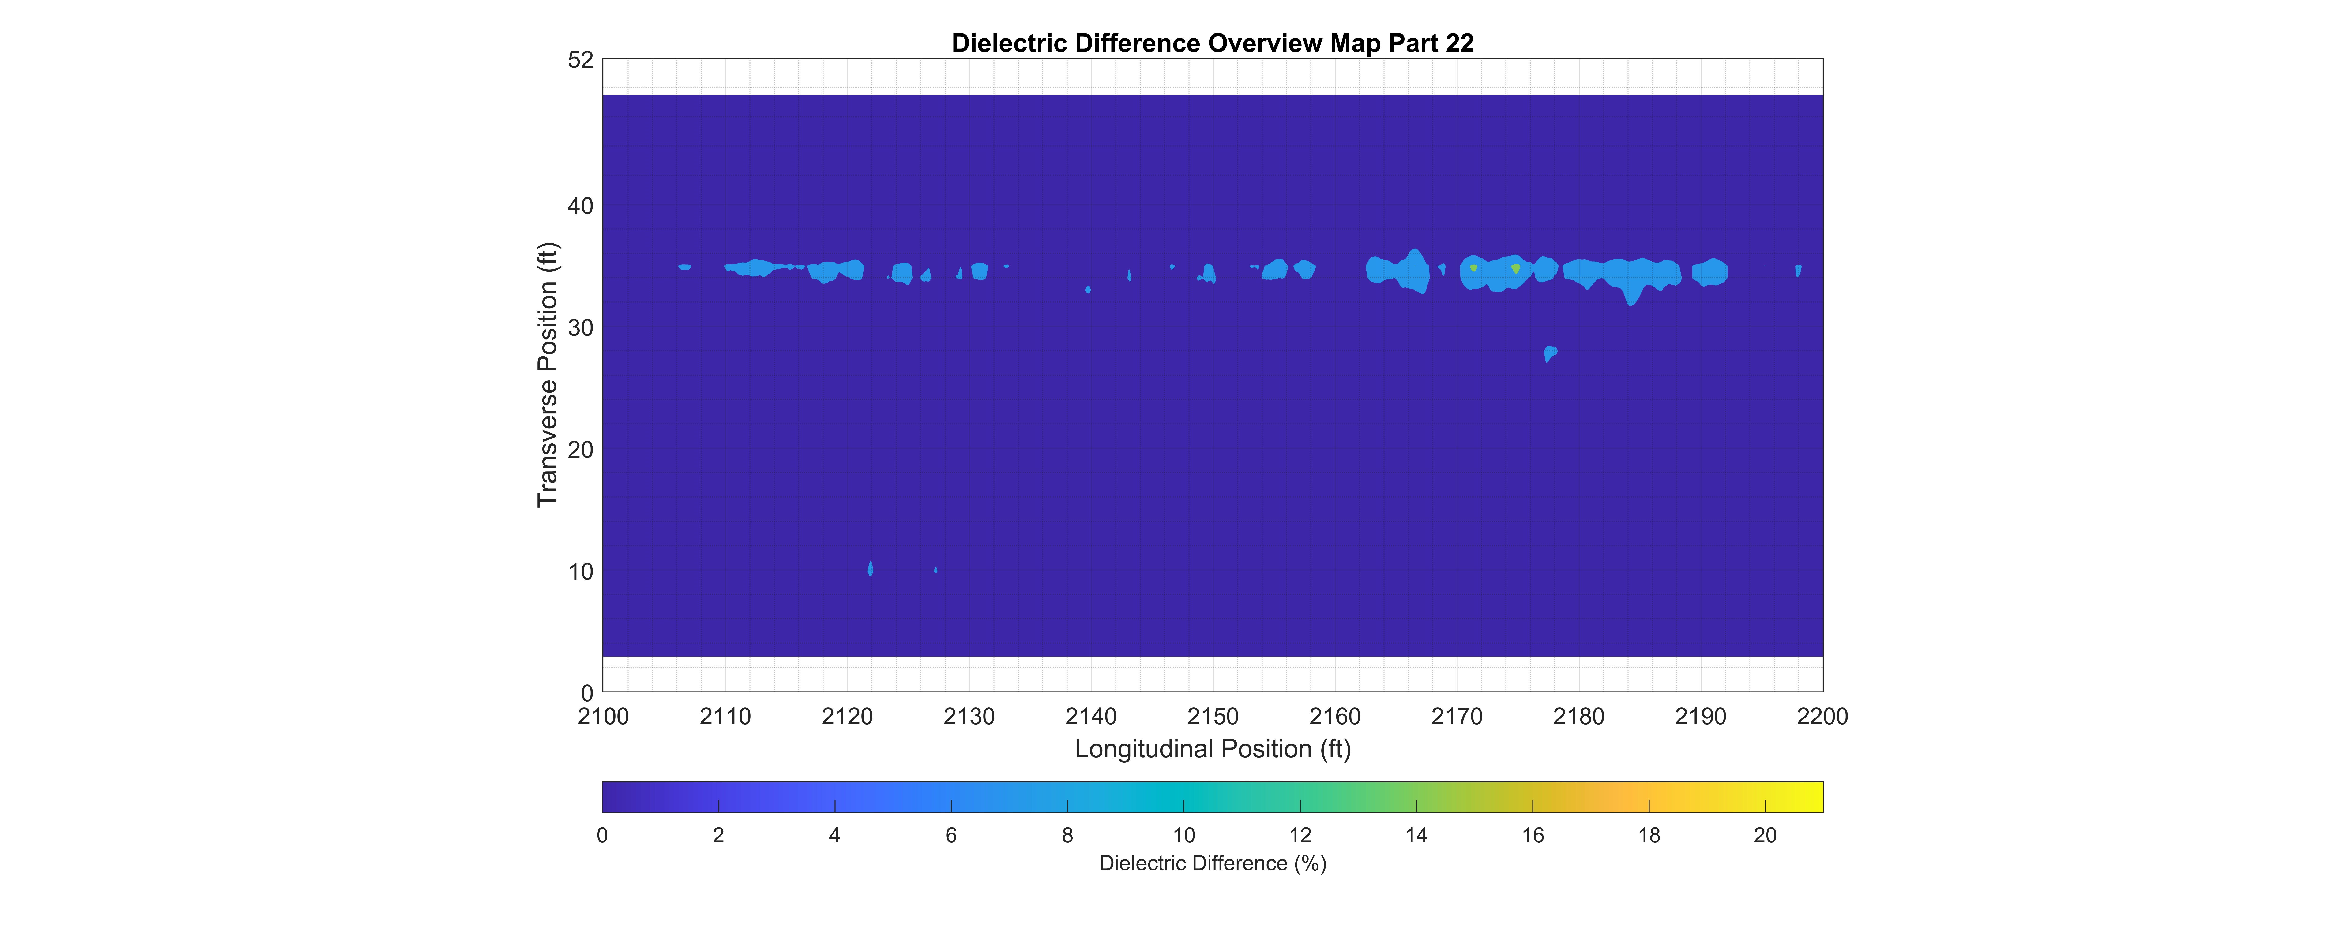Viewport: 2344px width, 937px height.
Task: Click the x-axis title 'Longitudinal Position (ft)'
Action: coord(1212,749)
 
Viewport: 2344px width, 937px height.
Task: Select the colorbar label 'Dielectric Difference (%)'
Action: coord(1212,863)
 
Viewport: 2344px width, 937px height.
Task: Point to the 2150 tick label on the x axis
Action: coord(1212,717)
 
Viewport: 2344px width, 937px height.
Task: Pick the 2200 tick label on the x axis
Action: coord(1822,717)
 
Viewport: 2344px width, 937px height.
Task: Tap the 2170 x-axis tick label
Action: coord(1456,717)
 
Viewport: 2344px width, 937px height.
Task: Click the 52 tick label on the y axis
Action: coord(581,60)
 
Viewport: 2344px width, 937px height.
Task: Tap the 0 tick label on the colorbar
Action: coord(602,835)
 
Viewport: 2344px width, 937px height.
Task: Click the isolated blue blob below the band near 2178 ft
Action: coord(1551,353)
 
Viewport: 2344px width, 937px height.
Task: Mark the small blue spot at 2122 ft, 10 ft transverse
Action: coord(871,569)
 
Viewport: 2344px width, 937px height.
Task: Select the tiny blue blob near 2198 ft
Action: coord(1798,270)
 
